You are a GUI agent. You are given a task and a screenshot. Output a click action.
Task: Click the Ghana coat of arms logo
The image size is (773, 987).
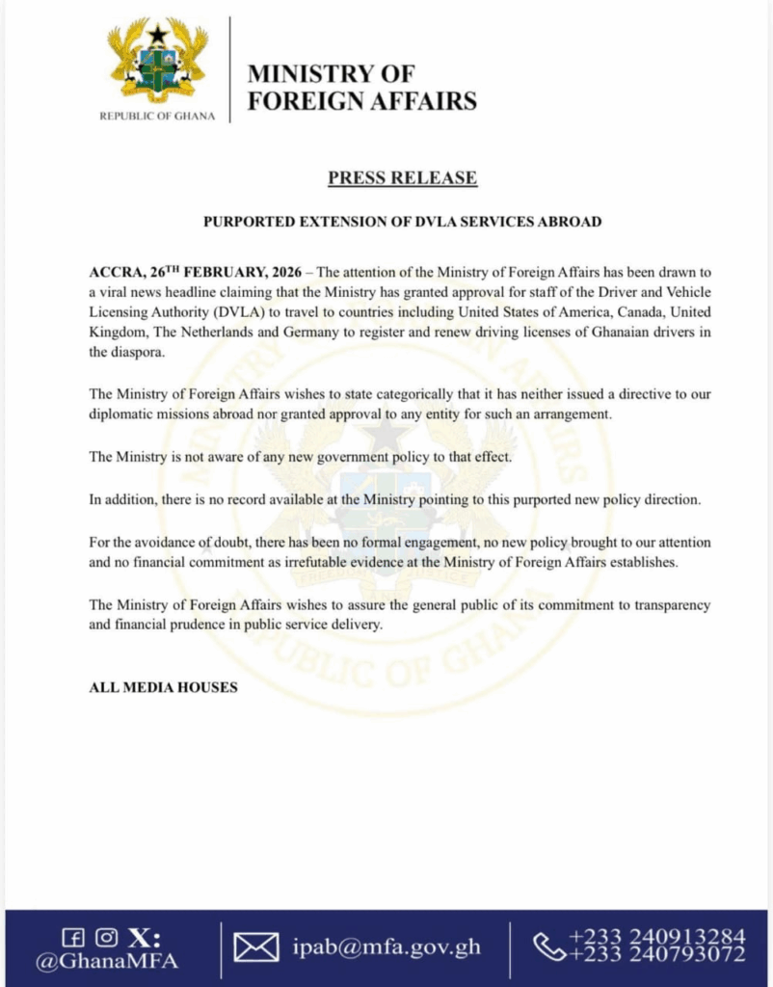point(159,61)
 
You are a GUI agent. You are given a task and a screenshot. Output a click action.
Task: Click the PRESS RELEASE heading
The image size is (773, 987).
point(402,177)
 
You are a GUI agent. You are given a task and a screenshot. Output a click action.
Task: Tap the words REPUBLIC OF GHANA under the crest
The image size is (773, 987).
point(158,117)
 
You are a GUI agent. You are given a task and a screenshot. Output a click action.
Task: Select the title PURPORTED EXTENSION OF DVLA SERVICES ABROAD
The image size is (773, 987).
point(402,222)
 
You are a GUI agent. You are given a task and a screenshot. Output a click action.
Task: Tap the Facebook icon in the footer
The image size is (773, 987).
point(71,938)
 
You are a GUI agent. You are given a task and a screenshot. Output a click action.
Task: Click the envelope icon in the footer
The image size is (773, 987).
point(256,948)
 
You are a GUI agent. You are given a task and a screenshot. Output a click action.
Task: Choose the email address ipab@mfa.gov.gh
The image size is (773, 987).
point(386,949)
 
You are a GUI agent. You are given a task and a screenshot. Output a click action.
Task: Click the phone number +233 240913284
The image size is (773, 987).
point(656,937)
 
